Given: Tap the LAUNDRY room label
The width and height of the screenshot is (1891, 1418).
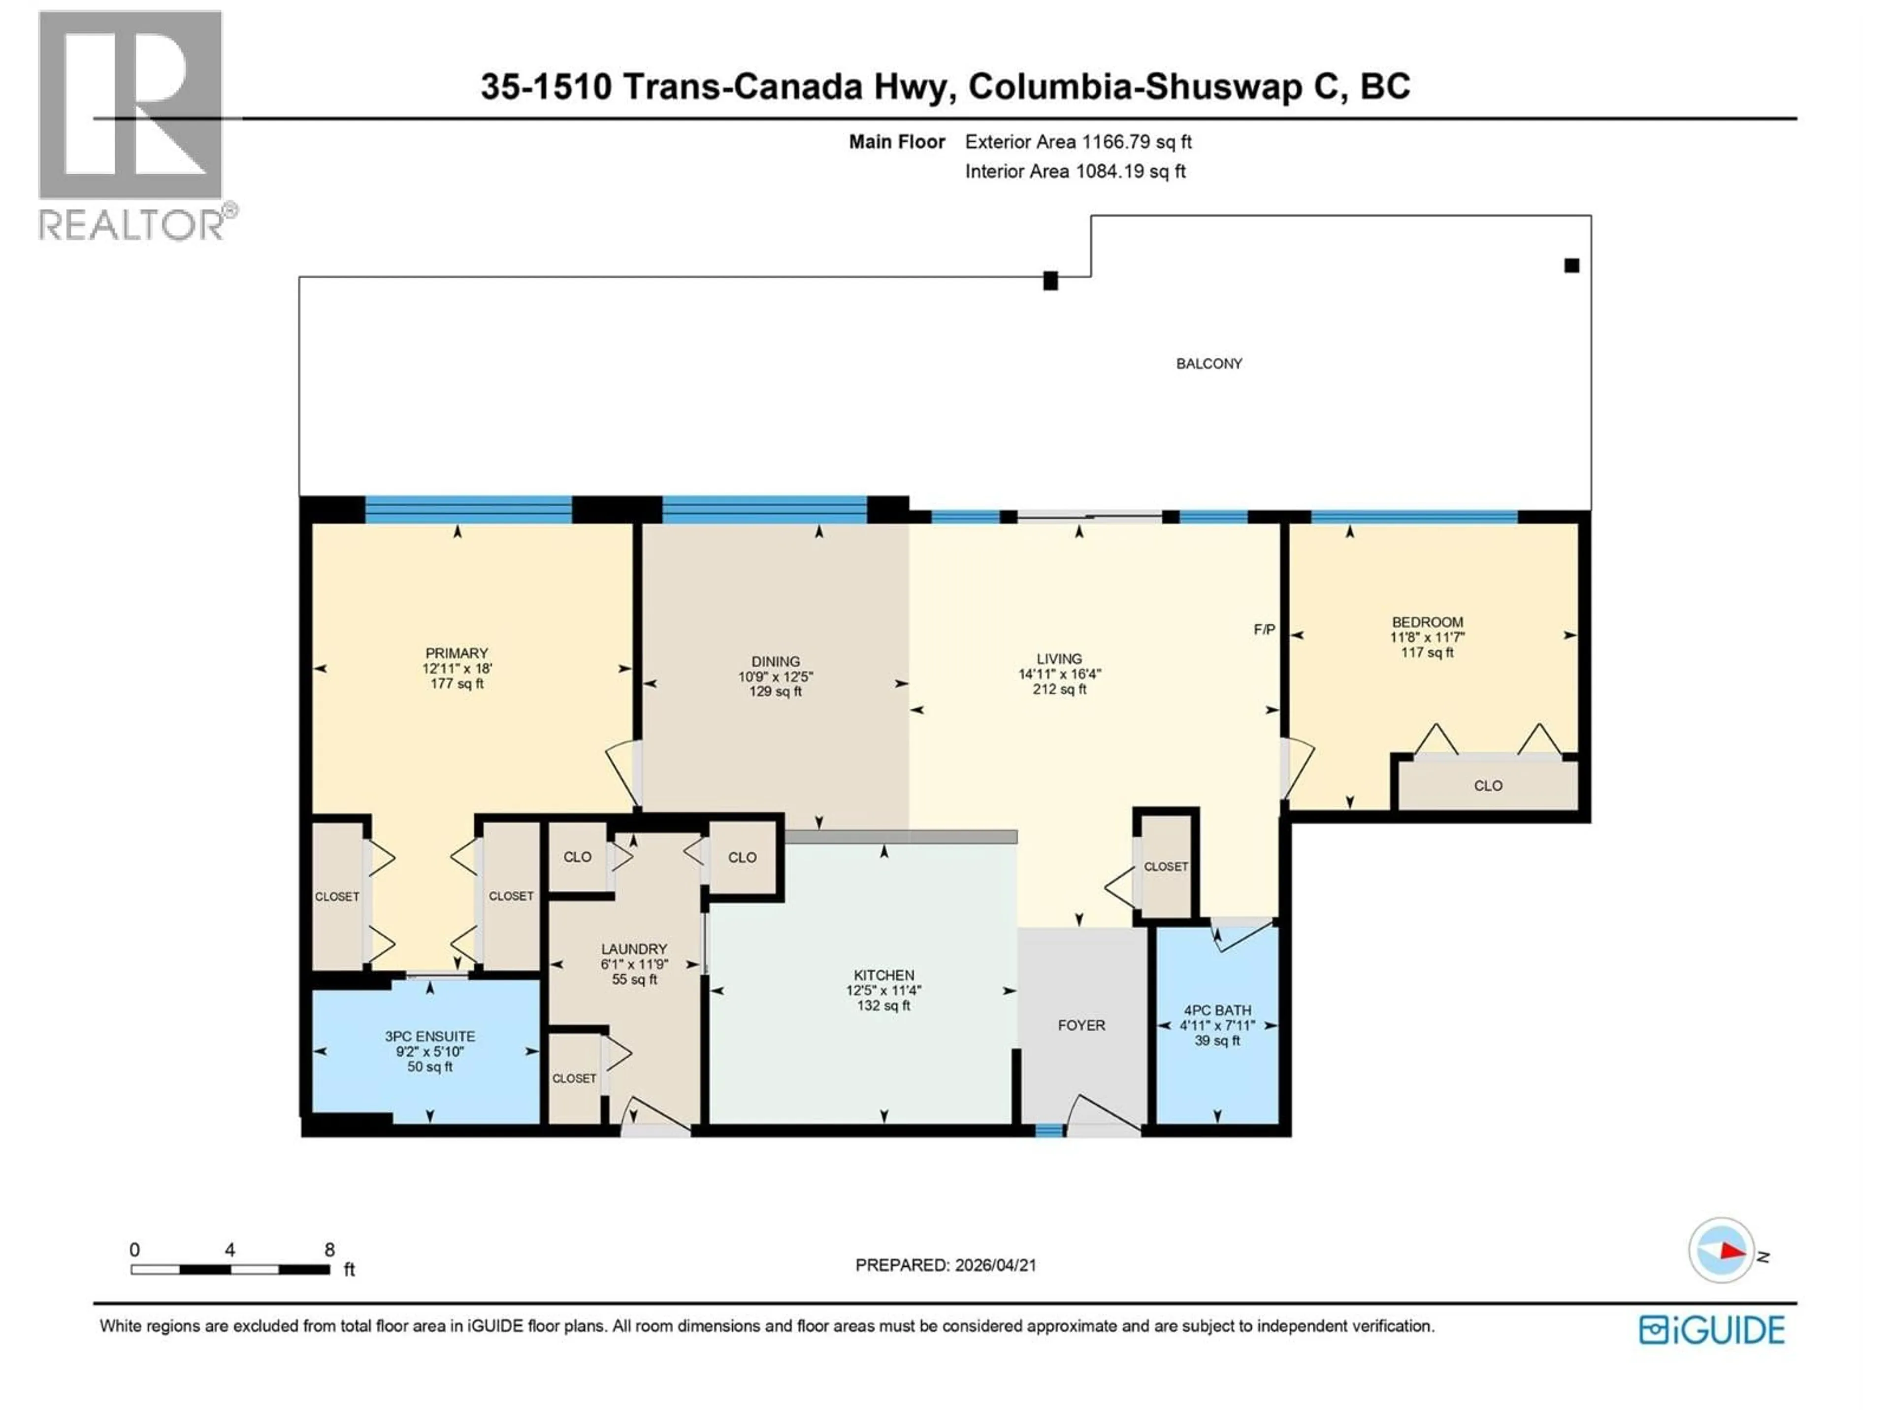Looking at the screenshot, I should pyautogui.click(x=633, y=949).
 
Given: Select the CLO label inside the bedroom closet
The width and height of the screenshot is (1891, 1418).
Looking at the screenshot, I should pyautogui.click(x=1488, y=785).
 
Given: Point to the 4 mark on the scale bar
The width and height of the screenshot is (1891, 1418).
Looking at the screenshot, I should pyautogui.click(x=230, y=1250).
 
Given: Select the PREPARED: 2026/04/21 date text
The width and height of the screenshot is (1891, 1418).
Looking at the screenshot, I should pyautogui.click(x=945, y=1265).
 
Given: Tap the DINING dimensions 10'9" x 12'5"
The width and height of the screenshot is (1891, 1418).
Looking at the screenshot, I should pyautogui.click(x=776, y=676).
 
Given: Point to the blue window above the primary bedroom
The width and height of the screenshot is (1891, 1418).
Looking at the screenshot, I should pyautogui.click(x=468, y=510).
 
